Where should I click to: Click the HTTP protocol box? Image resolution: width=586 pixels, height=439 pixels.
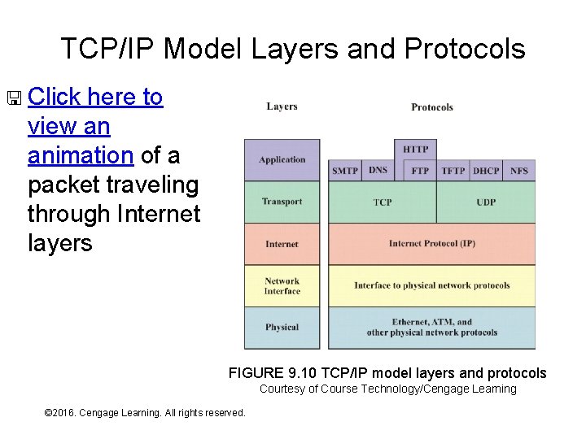[415, 150]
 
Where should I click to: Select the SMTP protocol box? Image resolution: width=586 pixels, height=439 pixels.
[345, 171]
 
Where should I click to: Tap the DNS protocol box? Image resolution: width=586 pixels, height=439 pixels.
[378, 170]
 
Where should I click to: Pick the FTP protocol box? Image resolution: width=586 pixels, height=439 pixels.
[420, 171]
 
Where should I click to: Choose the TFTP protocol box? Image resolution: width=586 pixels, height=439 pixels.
[453, 171]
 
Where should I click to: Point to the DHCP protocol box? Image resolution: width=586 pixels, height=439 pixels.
[486, 171]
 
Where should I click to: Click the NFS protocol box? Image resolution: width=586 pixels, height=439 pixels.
[518, 171]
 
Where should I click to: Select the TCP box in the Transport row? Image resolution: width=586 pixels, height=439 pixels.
[383, 202]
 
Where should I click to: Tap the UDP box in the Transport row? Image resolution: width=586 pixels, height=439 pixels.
[486, 202]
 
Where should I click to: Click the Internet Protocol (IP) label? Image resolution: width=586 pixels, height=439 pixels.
[431, 244]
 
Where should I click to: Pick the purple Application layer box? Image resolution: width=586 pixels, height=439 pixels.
[282, 160]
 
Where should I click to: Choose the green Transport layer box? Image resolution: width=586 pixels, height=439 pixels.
[282, 202]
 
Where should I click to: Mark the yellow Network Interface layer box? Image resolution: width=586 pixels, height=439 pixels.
[282, 286]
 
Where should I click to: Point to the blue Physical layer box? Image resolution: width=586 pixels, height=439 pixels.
[282, 328]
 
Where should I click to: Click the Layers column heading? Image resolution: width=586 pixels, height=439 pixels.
[282, 106]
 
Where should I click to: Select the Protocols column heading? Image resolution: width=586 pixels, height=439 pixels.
[432, 107]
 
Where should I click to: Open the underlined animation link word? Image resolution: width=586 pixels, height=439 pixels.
[80, 155]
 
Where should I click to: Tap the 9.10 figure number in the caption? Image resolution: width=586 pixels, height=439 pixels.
[304, 373]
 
